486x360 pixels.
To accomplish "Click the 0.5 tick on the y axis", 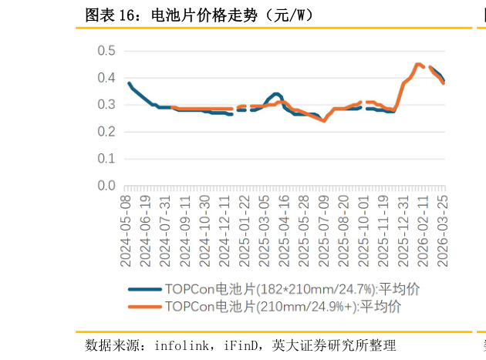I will tap(106, 51).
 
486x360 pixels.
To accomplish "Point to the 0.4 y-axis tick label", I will tap(106, 78).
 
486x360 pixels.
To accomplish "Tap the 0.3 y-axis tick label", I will tap(106, 105).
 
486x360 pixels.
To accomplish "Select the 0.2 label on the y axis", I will tap(106, 132).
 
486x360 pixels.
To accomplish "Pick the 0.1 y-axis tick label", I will tap(106, 159).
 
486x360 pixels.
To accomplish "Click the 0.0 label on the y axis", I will tap(106, 186).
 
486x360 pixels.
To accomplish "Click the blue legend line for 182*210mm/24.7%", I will tap(144, 289).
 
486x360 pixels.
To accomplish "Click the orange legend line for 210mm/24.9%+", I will tap(144, 306).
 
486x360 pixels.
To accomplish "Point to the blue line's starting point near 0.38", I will tap(129, 83).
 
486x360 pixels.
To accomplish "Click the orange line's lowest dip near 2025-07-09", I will tap(324, 120).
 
